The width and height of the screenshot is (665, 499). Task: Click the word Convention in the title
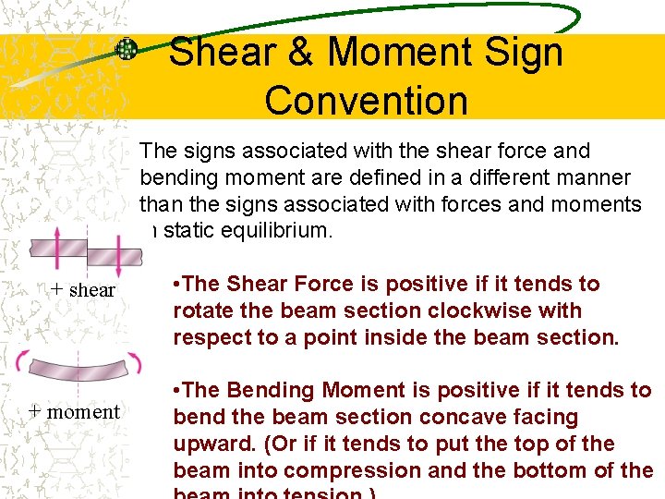367,100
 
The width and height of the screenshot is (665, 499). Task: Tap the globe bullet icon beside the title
127,49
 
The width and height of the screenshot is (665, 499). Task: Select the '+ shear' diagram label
82,289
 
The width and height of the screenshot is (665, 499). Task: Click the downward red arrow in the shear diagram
117,251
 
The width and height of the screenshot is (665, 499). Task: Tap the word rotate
200,310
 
